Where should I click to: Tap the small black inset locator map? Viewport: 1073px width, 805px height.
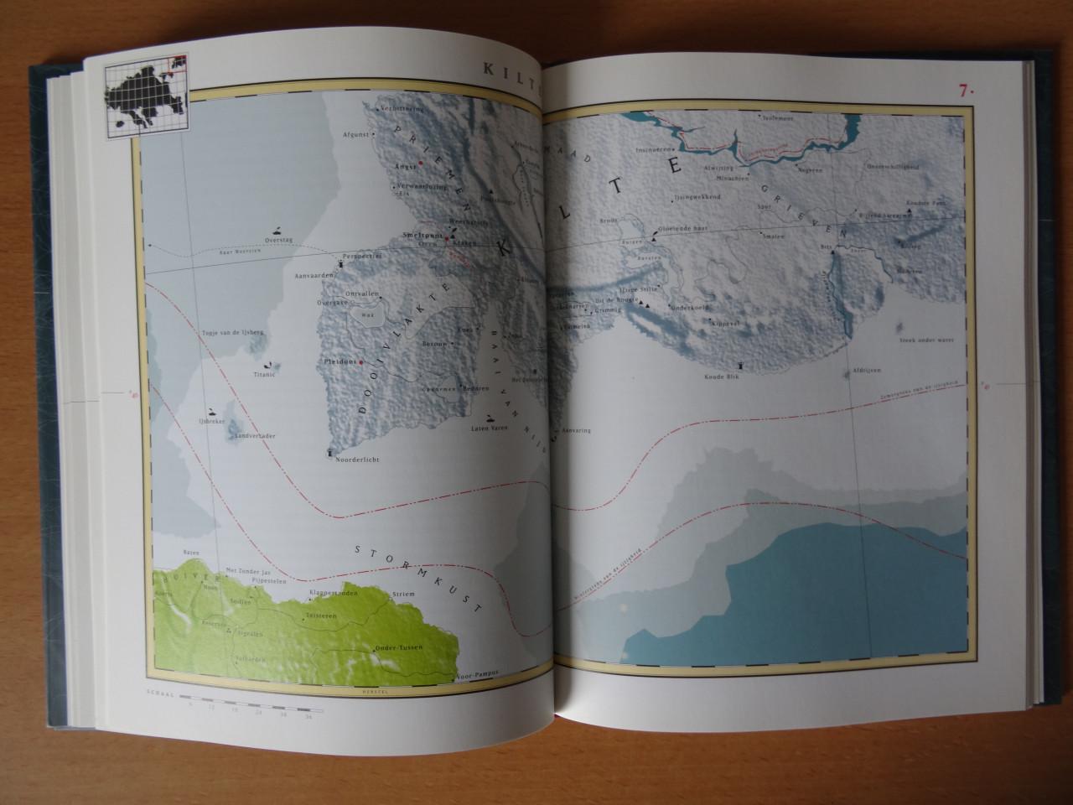144,100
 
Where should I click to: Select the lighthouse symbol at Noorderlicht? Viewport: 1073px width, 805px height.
329,454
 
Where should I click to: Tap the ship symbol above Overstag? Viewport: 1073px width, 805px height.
276,229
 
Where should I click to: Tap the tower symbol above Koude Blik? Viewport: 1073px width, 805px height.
743,366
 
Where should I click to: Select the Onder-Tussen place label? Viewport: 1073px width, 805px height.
399,648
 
